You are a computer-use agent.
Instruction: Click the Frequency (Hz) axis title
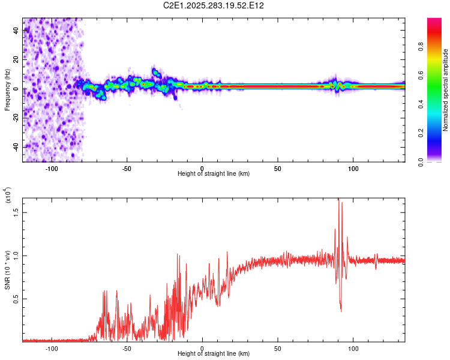7,91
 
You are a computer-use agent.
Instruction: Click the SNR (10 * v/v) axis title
7,270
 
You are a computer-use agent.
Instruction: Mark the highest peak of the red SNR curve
338,199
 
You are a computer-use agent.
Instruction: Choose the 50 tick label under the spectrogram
277,169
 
